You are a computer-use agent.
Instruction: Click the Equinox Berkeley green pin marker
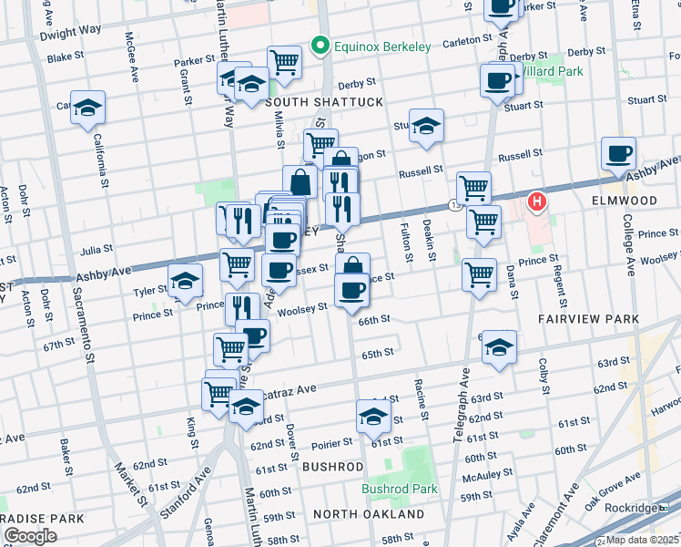[x=319, y=44]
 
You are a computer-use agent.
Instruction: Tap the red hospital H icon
[x=537, y=201]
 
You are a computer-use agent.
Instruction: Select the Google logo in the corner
[x=30, y=536]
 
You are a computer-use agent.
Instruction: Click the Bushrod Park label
[x=400, y=489]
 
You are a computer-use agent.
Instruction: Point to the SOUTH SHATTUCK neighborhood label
[x=324, y=102]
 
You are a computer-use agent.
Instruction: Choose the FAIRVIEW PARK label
[x=589, y=319]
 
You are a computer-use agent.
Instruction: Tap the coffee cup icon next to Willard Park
[x=497, y=80]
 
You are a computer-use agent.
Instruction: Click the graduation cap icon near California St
[x=87, y=108]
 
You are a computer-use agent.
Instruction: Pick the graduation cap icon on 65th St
[x=498, y=347]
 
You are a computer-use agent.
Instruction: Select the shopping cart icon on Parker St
[x=284, y=62]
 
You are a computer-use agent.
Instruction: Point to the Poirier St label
[x=330, y=442]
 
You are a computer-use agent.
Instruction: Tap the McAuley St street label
[x=481, y=476]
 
